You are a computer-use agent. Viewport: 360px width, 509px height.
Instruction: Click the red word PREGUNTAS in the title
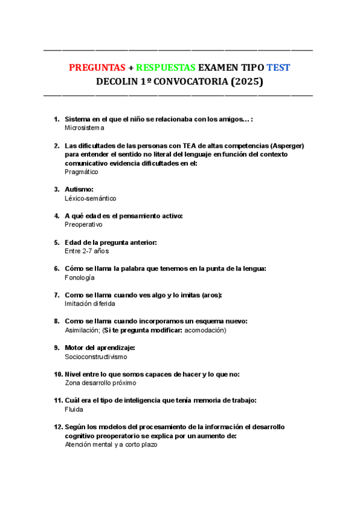[x=97, y=67]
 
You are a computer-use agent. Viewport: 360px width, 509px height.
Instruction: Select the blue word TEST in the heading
[x=278, y=67]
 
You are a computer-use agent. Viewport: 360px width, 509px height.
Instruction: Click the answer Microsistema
[x=84, y=128]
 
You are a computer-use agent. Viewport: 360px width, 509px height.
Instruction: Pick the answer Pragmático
[x=82, y=172]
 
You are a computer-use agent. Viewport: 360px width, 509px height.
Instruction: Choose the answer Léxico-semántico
[x=91, y=198]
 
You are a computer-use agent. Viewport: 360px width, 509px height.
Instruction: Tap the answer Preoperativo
[x=83, y=224]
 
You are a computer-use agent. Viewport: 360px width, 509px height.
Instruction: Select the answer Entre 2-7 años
[x=86, y=251]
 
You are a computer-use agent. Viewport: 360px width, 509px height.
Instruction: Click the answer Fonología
[x=80, y=277]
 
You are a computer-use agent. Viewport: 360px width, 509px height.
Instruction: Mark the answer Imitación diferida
[x=90, y=304]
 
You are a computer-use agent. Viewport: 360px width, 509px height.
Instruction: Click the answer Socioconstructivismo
[x=96, y=357]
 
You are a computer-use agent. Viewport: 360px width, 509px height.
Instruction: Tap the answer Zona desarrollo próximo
[x=100, y=383]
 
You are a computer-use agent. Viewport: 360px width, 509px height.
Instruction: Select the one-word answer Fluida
[x=74, y=409]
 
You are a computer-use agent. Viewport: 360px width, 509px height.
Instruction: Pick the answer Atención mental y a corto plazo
[x=111, y=445]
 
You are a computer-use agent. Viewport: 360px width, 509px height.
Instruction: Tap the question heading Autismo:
[x=79, y=190]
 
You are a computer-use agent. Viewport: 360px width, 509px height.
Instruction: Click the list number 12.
[x=58, y=427]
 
